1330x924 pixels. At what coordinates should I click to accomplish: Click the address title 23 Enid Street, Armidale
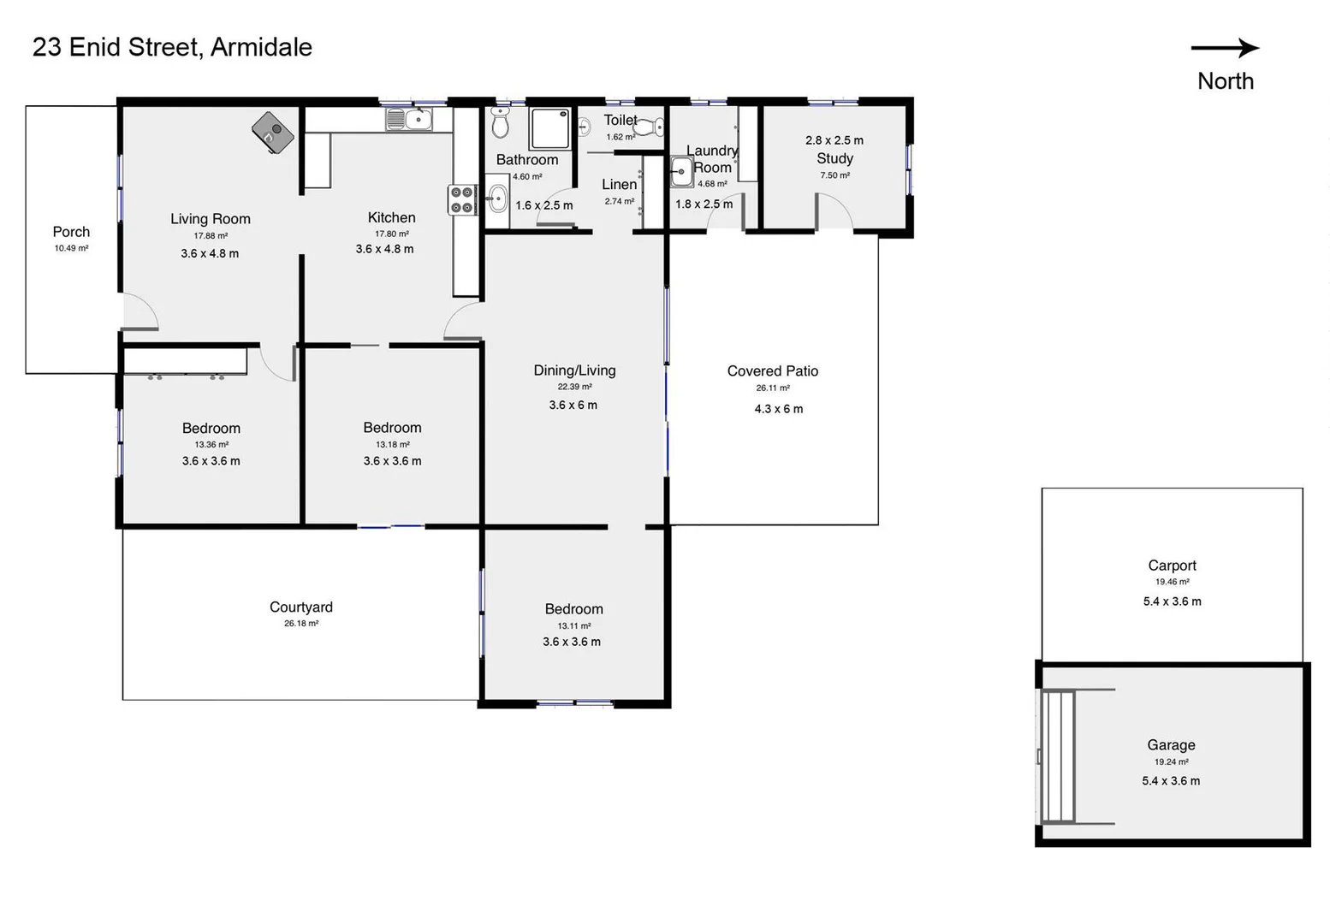[x=172, y=47]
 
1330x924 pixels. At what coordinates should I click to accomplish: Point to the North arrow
[x=1225, y=49]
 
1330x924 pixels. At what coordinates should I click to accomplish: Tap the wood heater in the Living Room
[x=273, y=133]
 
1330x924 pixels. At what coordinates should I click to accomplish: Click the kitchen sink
[x=409, y=120]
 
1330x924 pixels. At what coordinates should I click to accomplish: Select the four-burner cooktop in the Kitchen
[x=462, y=200]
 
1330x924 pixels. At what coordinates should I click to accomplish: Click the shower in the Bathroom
[x=549, y=128]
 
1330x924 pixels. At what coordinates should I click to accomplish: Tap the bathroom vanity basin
[x=497, y=201]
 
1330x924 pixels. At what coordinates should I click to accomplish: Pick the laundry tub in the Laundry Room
[x=681, y=172]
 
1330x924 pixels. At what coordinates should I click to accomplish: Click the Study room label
[x=834, y=158]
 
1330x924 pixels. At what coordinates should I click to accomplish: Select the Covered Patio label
[x=772, y=370]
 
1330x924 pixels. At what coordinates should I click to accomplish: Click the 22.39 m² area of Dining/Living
[x=574, y=387]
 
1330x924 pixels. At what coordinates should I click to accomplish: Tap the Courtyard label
[x=300, y=607]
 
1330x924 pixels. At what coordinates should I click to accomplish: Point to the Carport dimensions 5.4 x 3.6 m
[x=1172, y=601]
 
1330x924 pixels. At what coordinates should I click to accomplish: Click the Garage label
[x=1171, y=745]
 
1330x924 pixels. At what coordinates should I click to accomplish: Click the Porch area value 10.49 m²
[x=71, y=248]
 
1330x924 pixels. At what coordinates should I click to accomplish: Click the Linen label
[x=619, y=185]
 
